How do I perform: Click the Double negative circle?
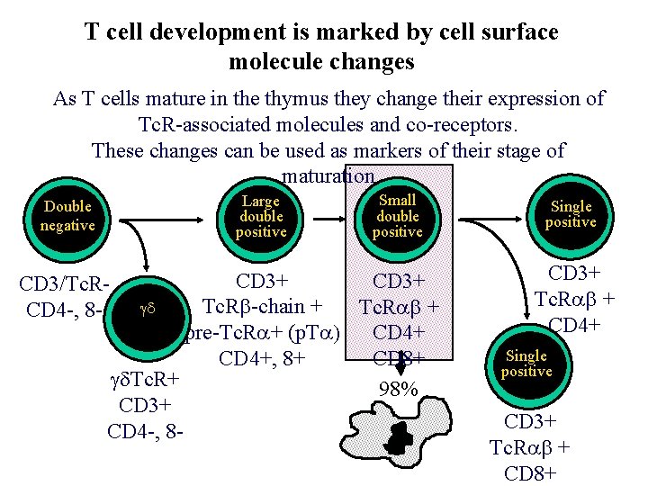pos(67,216)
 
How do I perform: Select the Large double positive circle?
pos(261,216)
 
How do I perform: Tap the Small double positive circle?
pos(397,216)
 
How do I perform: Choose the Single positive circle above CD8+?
pos(526,364)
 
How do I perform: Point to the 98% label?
pos(398,390)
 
